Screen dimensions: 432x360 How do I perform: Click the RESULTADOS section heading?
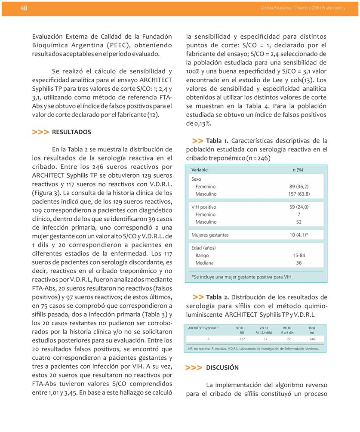point(71,132)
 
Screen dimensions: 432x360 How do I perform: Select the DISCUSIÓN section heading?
point(222,368)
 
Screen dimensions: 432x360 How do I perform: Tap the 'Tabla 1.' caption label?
point(217,141)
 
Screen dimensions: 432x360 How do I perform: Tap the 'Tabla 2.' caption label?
point(218,297)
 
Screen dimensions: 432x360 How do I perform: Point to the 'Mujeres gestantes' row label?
point(210,235)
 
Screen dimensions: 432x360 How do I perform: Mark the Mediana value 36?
point(299,263)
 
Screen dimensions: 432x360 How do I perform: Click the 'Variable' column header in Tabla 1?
point(200,170)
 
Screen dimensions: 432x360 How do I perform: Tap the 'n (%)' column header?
point(298,170)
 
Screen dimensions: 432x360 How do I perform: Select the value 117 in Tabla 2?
point(242,339)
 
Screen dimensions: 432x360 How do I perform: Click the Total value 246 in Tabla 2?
point(312,339)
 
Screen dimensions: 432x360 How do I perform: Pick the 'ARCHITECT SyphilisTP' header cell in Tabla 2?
point(203,328)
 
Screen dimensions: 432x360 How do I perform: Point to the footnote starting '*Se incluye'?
point(242,277)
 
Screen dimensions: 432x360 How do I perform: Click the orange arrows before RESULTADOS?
point(40,132)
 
